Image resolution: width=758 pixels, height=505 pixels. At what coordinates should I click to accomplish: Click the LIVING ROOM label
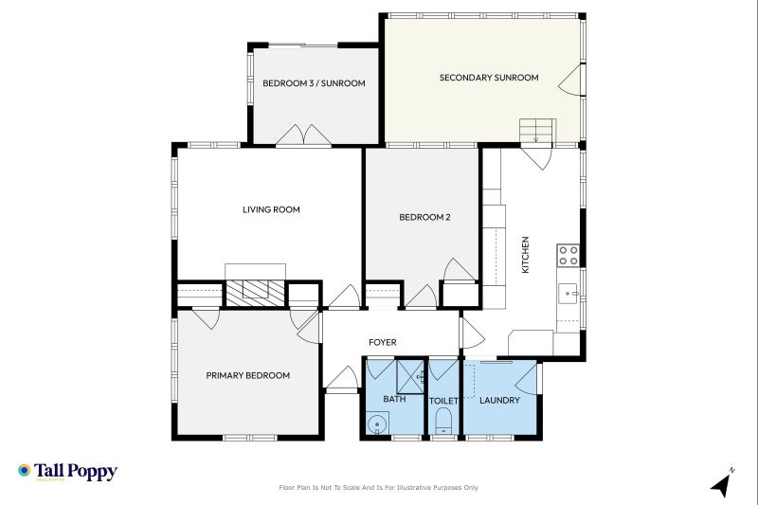pos(271,209)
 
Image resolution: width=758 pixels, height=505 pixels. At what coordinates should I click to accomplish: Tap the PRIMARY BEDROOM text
pos(248,375)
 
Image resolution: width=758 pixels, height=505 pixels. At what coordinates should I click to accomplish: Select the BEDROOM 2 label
pos(424,217)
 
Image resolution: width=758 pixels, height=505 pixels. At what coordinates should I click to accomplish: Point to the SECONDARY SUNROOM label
pos(489,78)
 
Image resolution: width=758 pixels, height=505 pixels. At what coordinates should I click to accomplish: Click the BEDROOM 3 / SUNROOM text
pos(314,83)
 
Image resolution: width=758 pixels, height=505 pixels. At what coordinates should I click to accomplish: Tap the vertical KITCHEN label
pos(526,256)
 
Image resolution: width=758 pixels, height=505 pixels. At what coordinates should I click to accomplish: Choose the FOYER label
pos(383,342)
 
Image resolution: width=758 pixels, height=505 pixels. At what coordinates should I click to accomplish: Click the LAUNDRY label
pos(499,400)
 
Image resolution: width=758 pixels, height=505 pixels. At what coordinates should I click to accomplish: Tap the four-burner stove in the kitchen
pos(568,255)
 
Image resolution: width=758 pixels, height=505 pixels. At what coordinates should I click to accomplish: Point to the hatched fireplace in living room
pos(256,290)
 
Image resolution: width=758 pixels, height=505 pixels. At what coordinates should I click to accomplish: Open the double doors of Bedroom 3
pos(303,135)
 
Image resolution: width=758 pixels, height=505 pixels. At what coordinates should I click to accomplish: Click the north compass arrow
pos(722,484)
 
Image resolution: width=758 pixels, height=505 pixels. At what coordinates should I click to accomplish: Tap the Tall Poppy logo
pos(66,471)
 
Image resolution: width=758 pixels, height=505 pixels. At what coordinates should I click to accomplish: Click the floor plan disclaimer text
pos(379,487)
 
